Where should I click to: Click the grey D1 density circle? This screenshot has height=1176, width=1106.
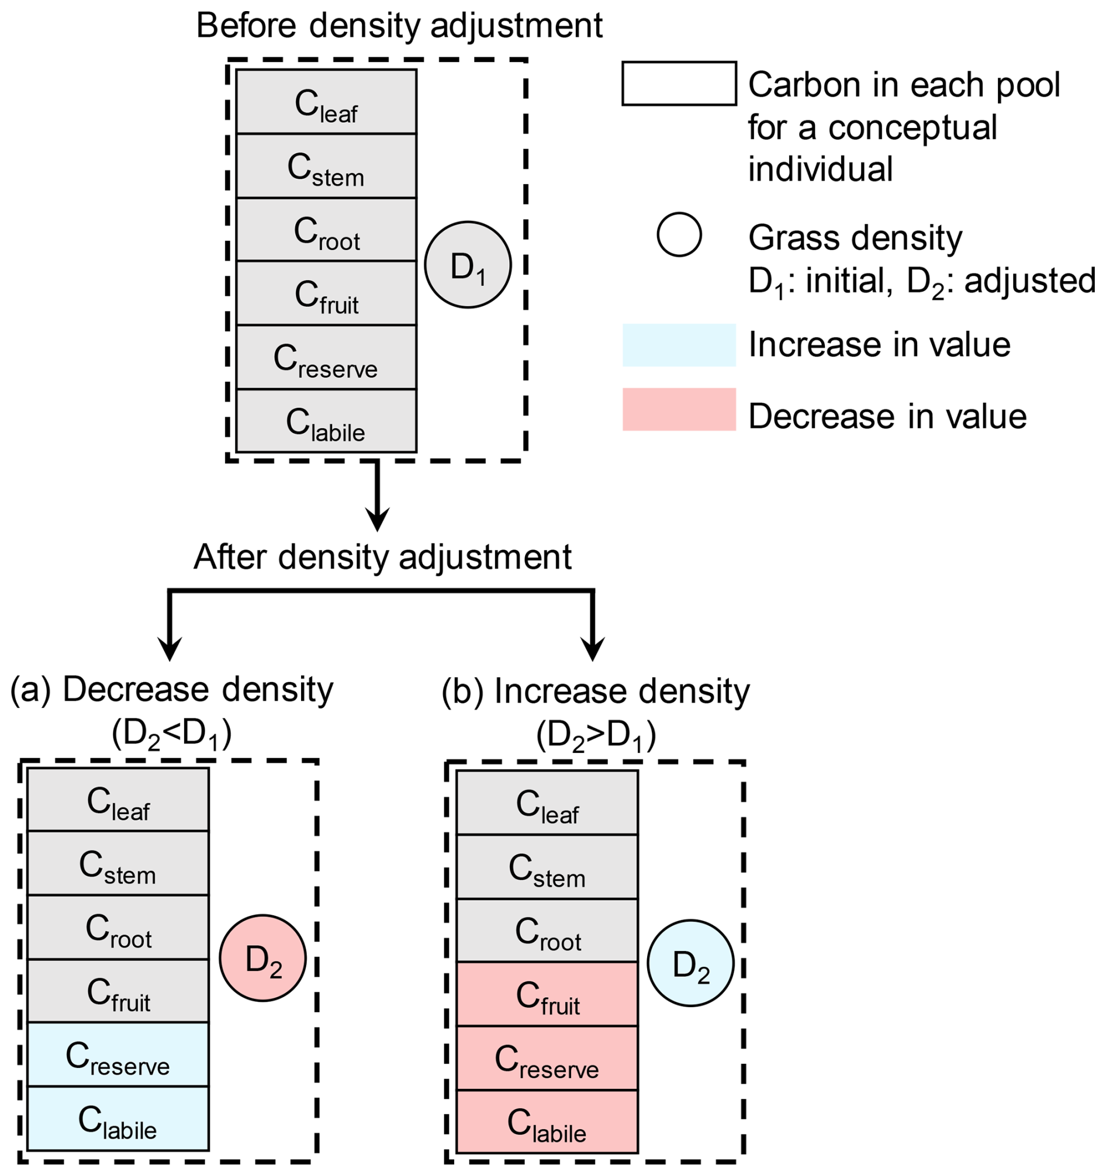point(468,264)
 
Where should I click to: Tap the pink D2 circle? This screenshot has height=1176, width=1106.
point(262,959)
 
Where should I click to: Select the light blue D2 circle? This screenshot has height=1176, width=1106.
point(690,963)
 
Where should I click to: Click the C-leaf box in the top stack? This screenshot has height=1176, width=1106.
point(326,102)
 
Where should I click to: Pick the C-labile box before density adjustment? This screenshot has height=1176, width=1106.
point(326,421)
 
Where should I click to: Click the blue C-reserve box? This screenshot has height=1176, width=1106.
point(117,1054)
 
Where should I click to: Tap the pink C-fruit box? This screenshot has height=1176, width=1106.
point(547,994)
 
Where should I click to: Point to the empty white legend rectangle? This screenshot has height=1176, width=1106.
point(679,84)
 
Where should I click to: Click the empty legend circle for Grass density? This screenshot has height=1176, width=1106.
point(679,234)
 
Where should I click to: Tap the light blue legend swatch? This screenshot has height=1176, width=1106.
point(679,345)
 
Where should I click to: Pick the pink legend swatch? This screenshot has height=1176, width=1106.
point(679,409)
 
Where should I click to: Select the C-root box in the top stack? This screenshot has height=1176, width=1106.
point(326,230)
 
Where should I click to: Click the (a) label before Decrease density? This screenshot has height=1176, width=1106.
point(31,690)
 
